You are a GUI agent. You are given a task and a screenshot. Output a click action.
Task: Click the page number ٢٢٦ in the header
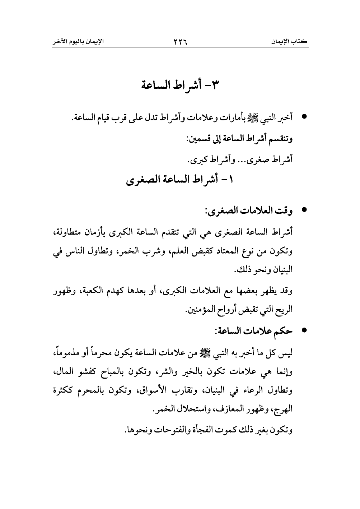(x=180, y=42)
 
